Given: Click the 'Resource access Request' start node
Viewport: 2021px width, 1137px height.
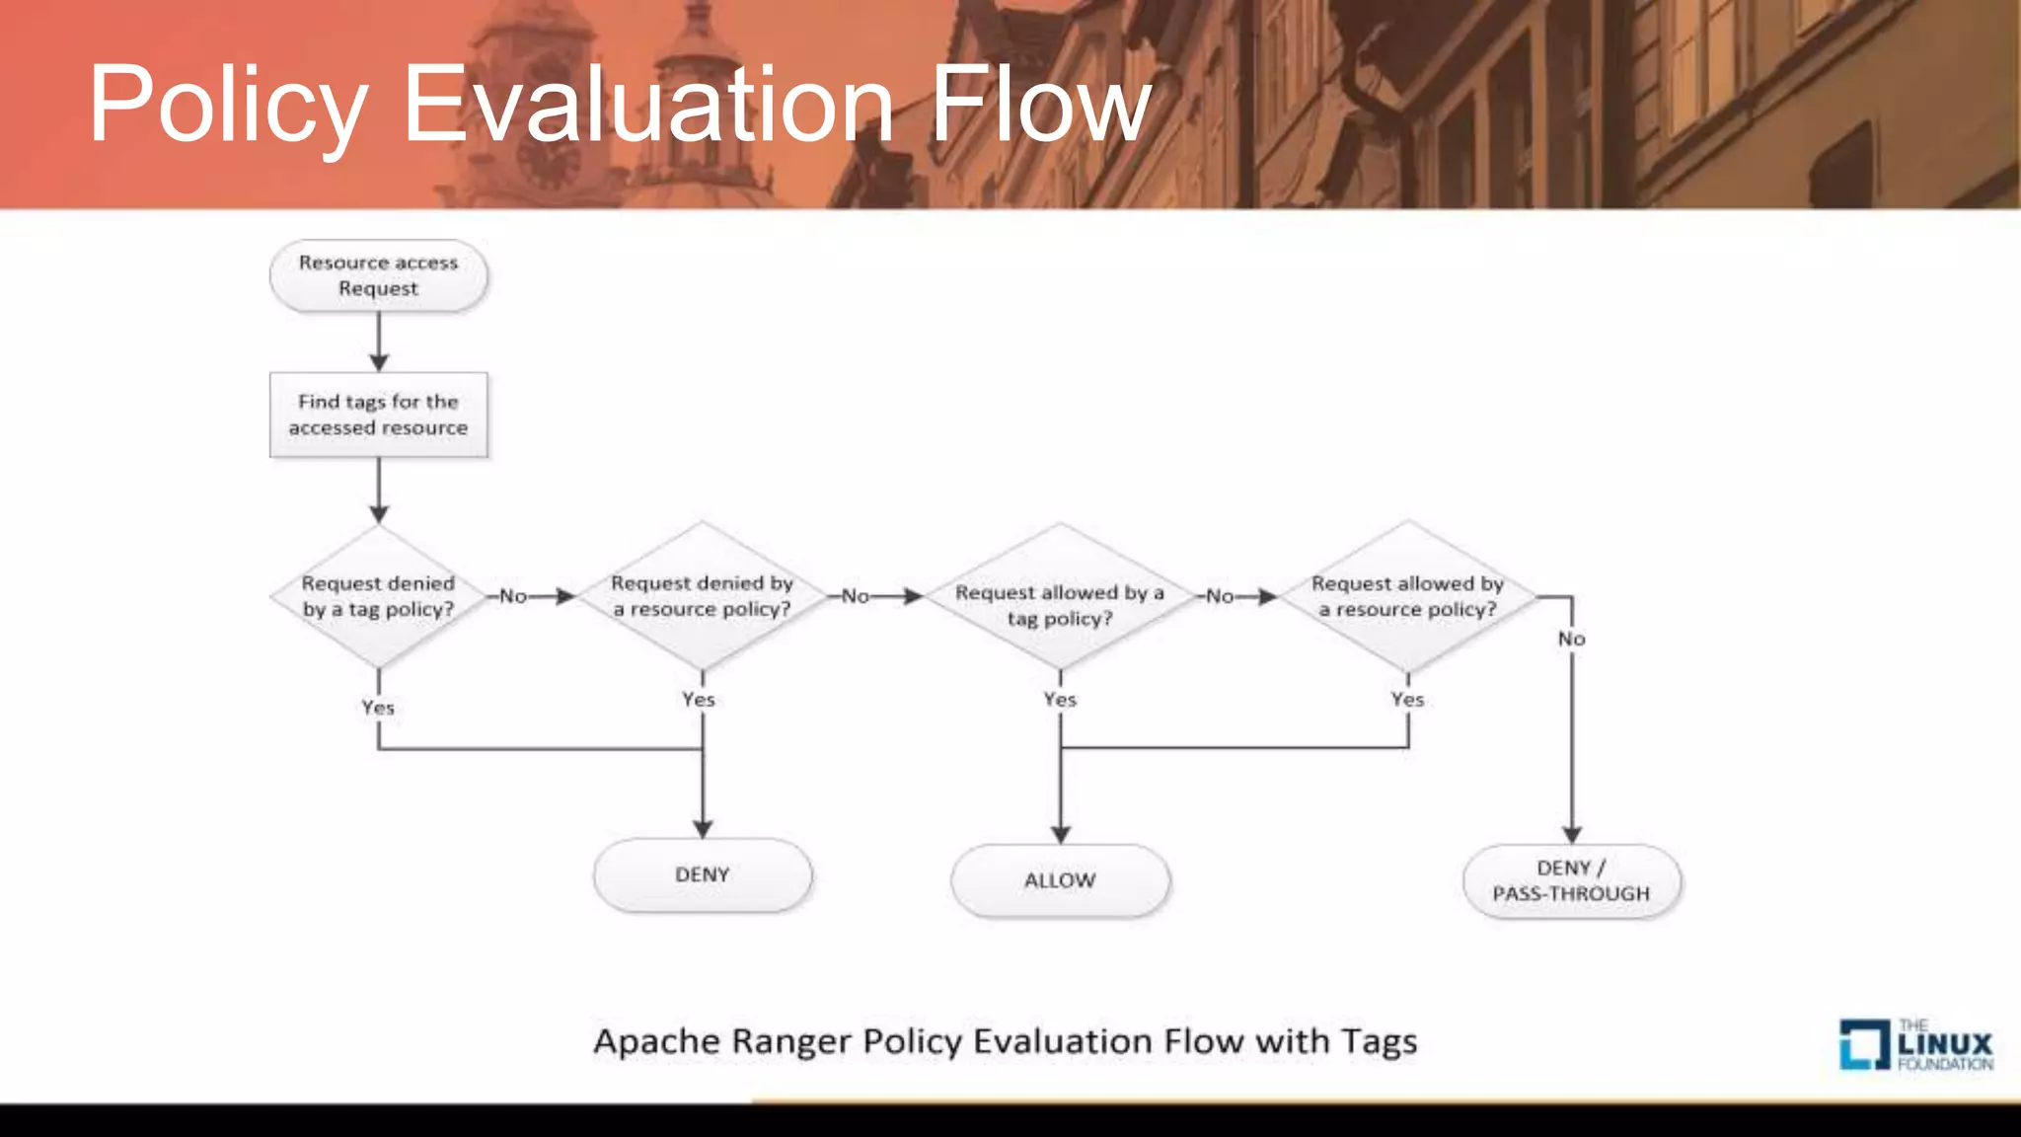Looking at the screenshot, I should point(378,275).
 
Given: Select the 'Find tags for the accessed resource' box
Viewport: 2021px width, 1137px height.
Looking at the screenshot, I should point(378,415).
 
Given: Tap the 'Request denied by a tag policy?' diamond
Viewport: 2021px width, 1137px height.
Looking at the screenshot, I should point(378,596).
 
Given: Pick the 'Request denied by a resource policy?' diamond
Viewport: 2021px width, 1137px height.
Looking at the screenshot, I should point(702,596).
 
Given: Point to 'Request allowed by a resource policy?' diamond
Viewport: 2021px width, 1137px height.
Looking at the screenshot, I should point(1407,596).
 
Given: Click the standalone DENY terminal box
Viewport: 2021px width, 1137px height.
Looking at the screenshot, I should point(702,874).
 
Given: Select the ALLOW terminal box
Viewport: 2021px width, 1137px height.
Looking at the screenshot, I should point(1060,879).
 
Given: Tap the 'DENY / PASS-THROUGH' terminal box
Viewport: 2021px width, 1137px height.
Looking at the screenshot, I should point(1571,880).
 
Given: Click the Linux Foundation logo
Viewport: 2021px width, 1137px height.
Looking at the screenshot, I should point(1915,1045).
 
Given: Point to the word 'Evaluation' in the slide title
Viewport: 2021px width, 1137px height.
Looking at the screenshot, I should point(648,105).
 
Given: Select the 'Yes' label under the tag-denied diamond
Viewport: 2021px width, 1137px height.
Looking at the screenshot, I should point(378,708).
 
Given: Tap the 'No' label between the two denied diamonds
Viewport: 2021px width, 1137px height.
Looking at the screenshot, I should point(513,596).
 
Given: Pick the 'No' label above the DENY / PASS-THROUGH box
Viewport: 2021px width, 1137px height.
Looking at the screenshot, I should point(1572,639).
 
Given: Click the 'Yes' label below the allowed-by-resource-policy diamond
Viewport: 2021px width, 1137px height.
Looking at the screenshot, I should point(1407,699).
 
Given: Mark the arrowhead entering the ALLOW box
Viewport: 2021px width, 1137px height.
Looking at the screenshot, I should point(1060,834).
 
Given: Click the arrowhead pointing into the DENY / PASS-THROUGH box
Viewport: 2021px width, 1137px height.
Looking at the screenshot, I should point(1572,834).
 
